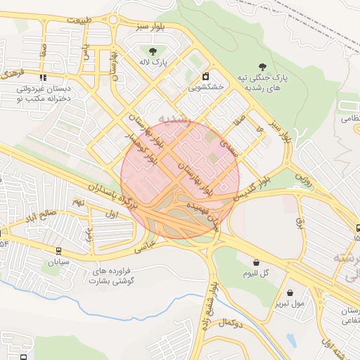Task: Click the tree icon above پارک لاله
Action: (153, 50)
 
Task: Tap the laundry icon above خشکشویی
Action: (205, 77)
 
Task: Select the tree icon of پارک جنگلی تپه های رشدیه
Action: (262, 66)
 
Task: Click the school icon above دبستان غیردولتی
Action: (43, 78)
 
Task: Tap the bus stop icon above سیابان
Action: (58, 250)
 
